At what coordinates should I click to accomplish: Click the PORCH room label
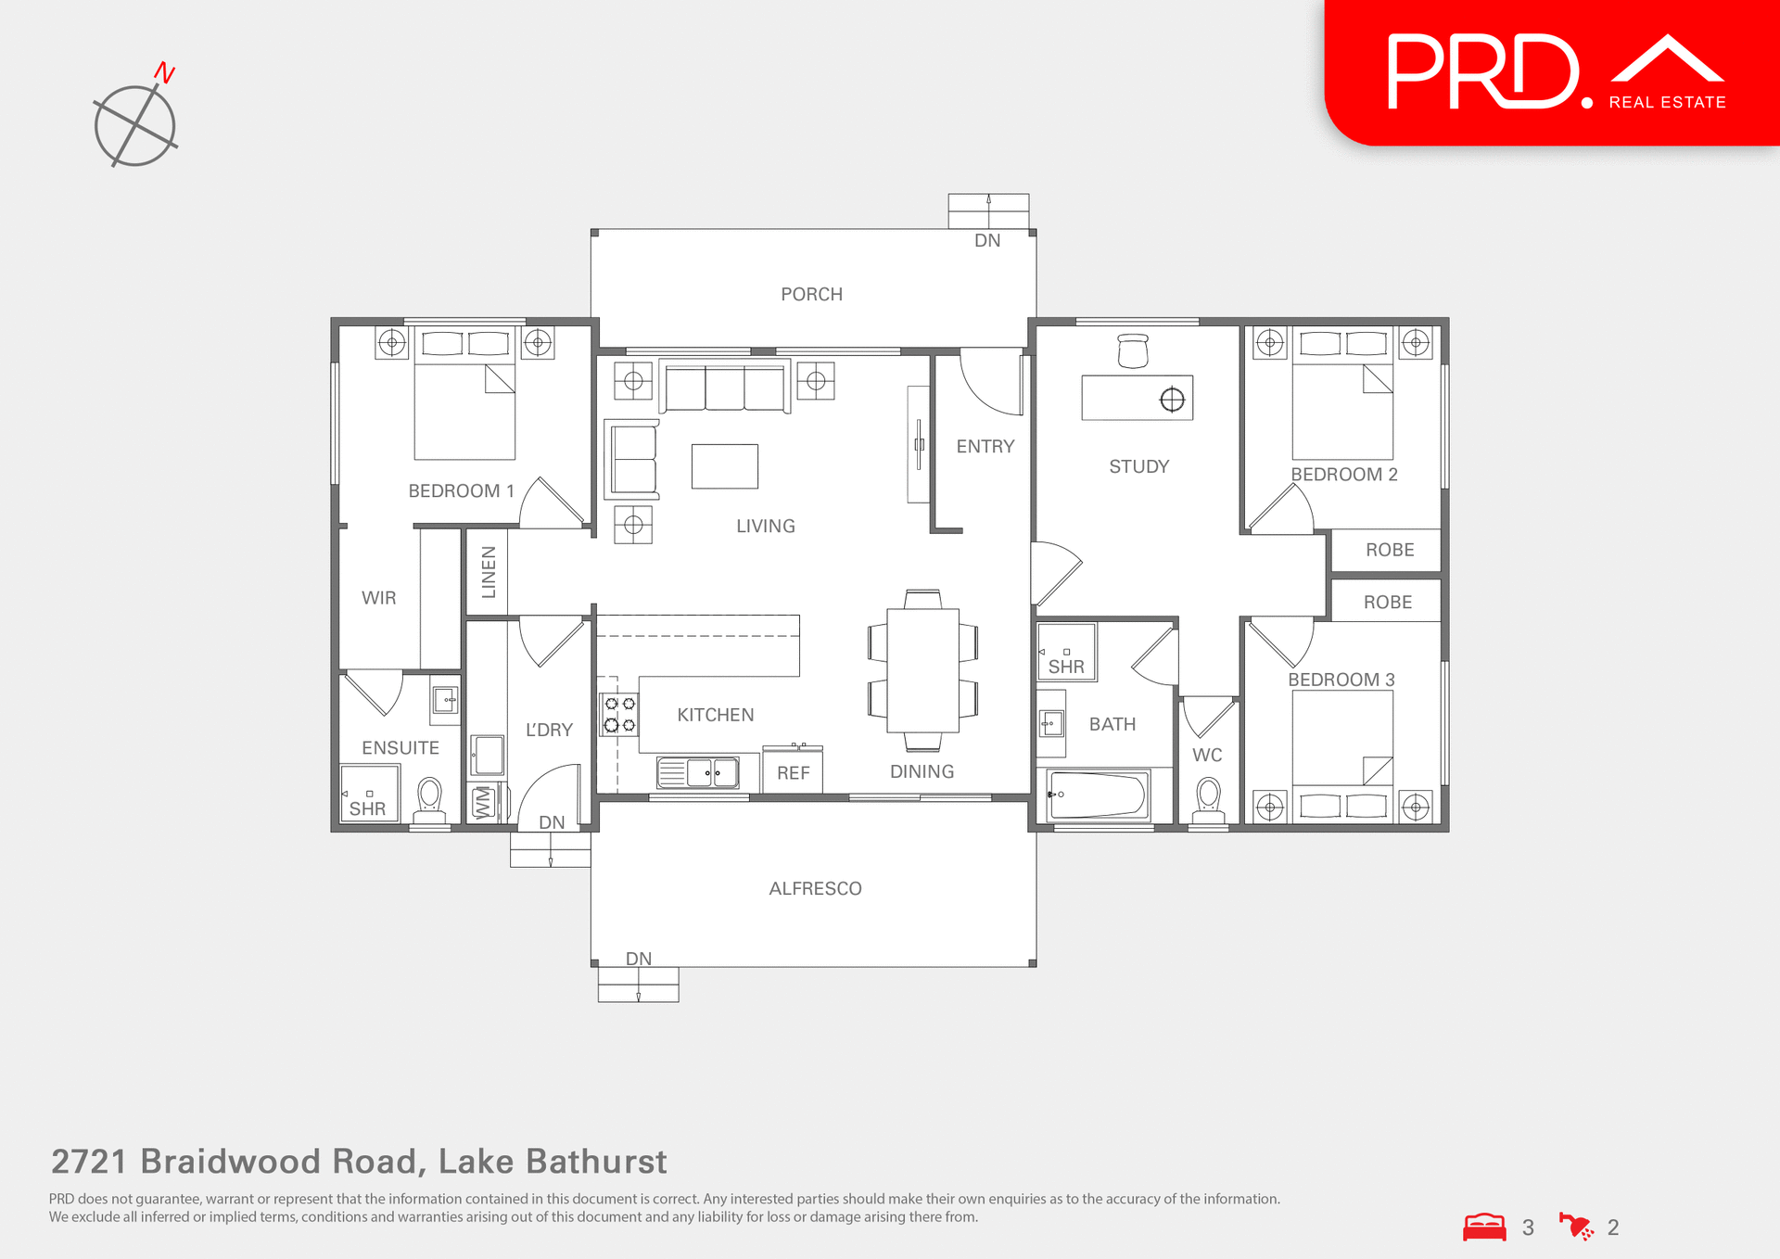811,295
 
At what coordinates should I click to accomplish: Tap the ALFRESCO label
815,889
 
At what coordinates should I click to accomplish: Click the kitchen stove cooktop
619,715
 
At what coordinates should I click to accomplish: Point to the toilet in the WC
1208,796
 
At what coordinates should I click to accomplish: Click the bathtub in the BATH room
1098,795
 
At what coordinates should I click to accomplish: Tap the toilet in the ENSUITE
429,796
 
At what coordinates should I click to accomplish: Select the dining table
922,669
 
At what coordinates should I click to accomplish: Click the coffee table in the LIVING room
724,466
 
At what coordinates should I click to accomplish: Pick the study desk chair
1133,350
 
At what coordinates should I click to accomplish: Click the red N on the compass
165,72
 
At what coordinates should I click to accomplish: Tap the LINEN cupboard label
489,571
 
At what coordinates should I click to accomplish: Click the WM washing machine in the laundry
482,803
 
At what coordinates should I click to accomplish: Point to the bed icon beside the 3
1484,1227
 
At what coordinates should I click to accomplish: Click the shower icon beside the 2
1576,1227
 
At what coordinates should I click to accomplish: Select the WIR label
378,598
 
